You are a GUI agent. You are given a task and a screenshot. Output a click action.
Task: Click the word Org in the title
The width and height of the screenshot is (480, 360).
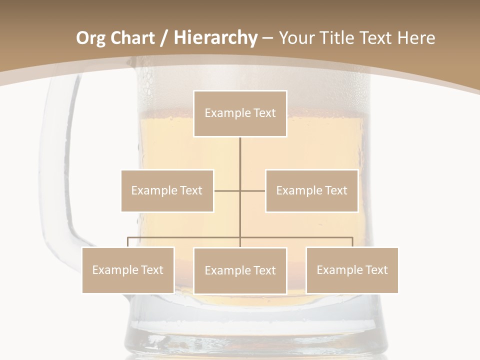click(90, 38)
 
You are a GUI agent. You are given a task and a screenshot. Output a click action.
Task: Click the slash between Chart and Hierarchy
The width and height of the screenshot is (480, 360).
click(164, 38)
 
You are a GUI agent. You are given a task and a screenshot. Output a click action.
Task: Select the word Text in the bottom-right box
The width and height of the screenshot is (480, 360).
click(376, 270)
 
